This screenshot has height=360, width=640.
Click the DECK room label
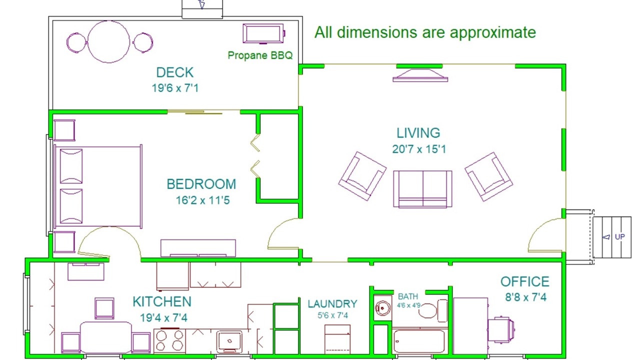point(175,72)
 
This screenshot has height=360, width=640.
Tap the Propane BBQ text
point(260,55)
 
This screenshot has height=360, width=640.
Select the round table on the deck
point(108,41)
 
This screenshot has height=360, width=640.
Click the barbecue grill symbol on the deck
point(263,33)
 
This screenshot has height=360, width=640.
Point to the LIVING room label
point(418,133)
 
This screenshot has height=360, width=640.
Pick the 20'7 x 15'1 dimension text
point(419,149)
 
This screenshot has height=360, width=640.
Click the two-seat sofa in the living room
point(422,189)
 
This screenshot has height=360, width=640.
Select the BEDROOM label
point(201,184)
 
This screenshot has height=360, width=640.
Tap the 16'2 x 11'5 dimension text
point(202,200)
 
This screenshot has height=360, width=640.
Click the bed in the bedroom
point(98,186)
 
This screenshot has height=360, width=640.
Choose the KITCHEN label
point(162,301)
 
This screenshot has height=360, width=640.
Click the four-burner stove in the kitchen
point(169,341)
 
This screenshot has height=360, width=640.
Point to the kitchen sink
point(229,341)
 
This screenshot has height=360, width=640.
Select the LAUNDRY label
point(332,303)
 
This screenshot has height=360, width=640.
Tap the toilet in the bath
point(433,310)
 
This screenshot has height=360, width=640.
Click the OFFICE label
point(525,281)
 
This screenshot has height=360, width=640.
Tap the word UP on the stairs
point(620,237)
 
